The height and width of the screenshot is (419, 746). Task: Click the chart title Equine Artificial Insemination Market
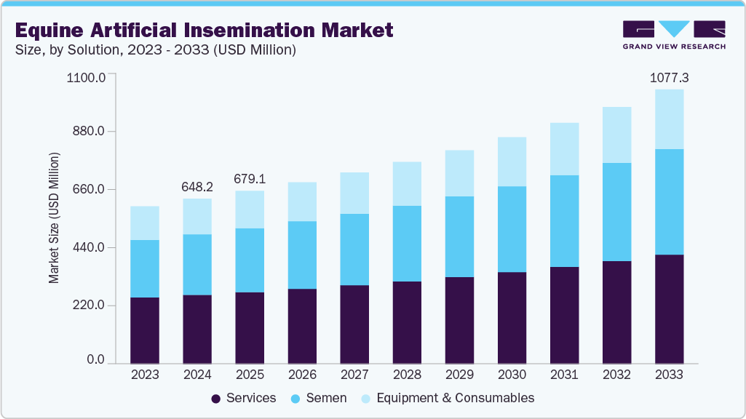point(204,30)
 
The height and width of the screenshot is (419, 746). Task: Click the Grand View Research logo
point(674,35)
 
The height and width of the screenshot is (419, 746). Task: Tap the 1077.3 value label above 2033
point(669,76)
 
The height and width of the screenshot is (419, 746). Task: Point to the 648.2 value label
point(197,187)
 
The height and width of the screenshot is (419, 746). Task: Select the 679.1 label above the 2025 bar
point(250,179)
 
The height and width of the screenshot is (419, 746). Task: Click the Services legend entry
point(243,398)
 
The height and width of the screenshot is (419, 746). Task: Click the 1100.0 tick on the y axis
point(86,77)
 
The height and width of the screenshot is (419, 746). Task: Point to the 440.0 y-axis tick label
point(90,248)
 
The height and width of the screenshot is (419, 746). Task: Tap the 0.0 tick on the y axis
point(95,360)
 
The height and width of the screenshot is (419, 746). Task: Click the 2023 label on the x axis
point(145,375)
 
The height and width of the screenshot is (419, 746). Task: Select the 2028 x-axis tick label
point(407,375)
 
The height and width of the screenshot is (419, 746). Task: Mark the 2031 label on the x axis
point(564,375)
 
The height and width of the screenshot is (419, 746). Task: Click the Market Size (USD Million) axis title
point(54,218)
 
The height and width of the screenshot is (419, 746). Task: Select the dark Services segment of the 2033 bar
point(669,308)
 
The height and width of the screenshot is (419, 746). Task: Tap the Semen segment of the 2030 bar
point(512,229)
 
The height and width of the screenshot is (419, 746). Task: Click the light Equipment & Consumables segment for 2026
point(302,201)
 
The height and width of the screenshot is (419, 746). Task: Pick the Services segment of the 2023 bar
point(145,330)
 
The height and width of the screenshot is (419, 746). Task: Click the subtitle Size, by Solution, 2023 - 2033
point(155,50)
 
